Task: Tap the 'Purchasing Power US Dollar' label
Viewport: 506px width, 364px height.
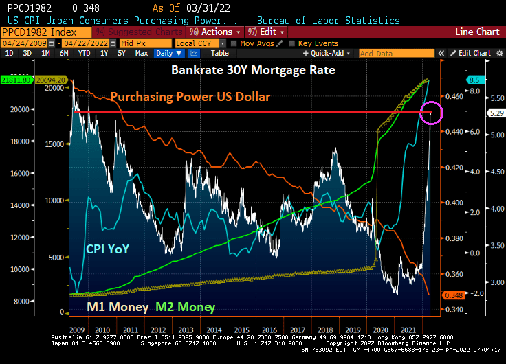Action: coord(190,97)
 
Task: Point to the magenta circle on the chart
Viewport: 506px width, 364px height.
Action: coord(432,113)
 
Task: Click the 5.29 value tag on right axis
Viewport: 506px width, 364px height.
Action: coord(495,113)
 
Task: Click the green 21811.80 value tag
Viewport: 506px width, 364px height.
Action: coord(14,80)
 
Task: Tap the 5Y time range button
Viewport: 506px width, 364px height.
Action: coord(121,53)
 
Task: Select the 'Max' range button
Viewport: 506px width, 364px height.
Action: coord(141,53)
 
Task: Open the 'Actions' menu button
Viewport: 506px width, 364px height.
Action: coord(219,32)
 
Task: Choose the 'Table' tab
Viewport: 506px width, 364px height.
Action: coord(219,53)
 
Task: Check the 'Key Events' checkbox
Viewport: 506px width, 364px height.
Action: coord(293,43)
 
